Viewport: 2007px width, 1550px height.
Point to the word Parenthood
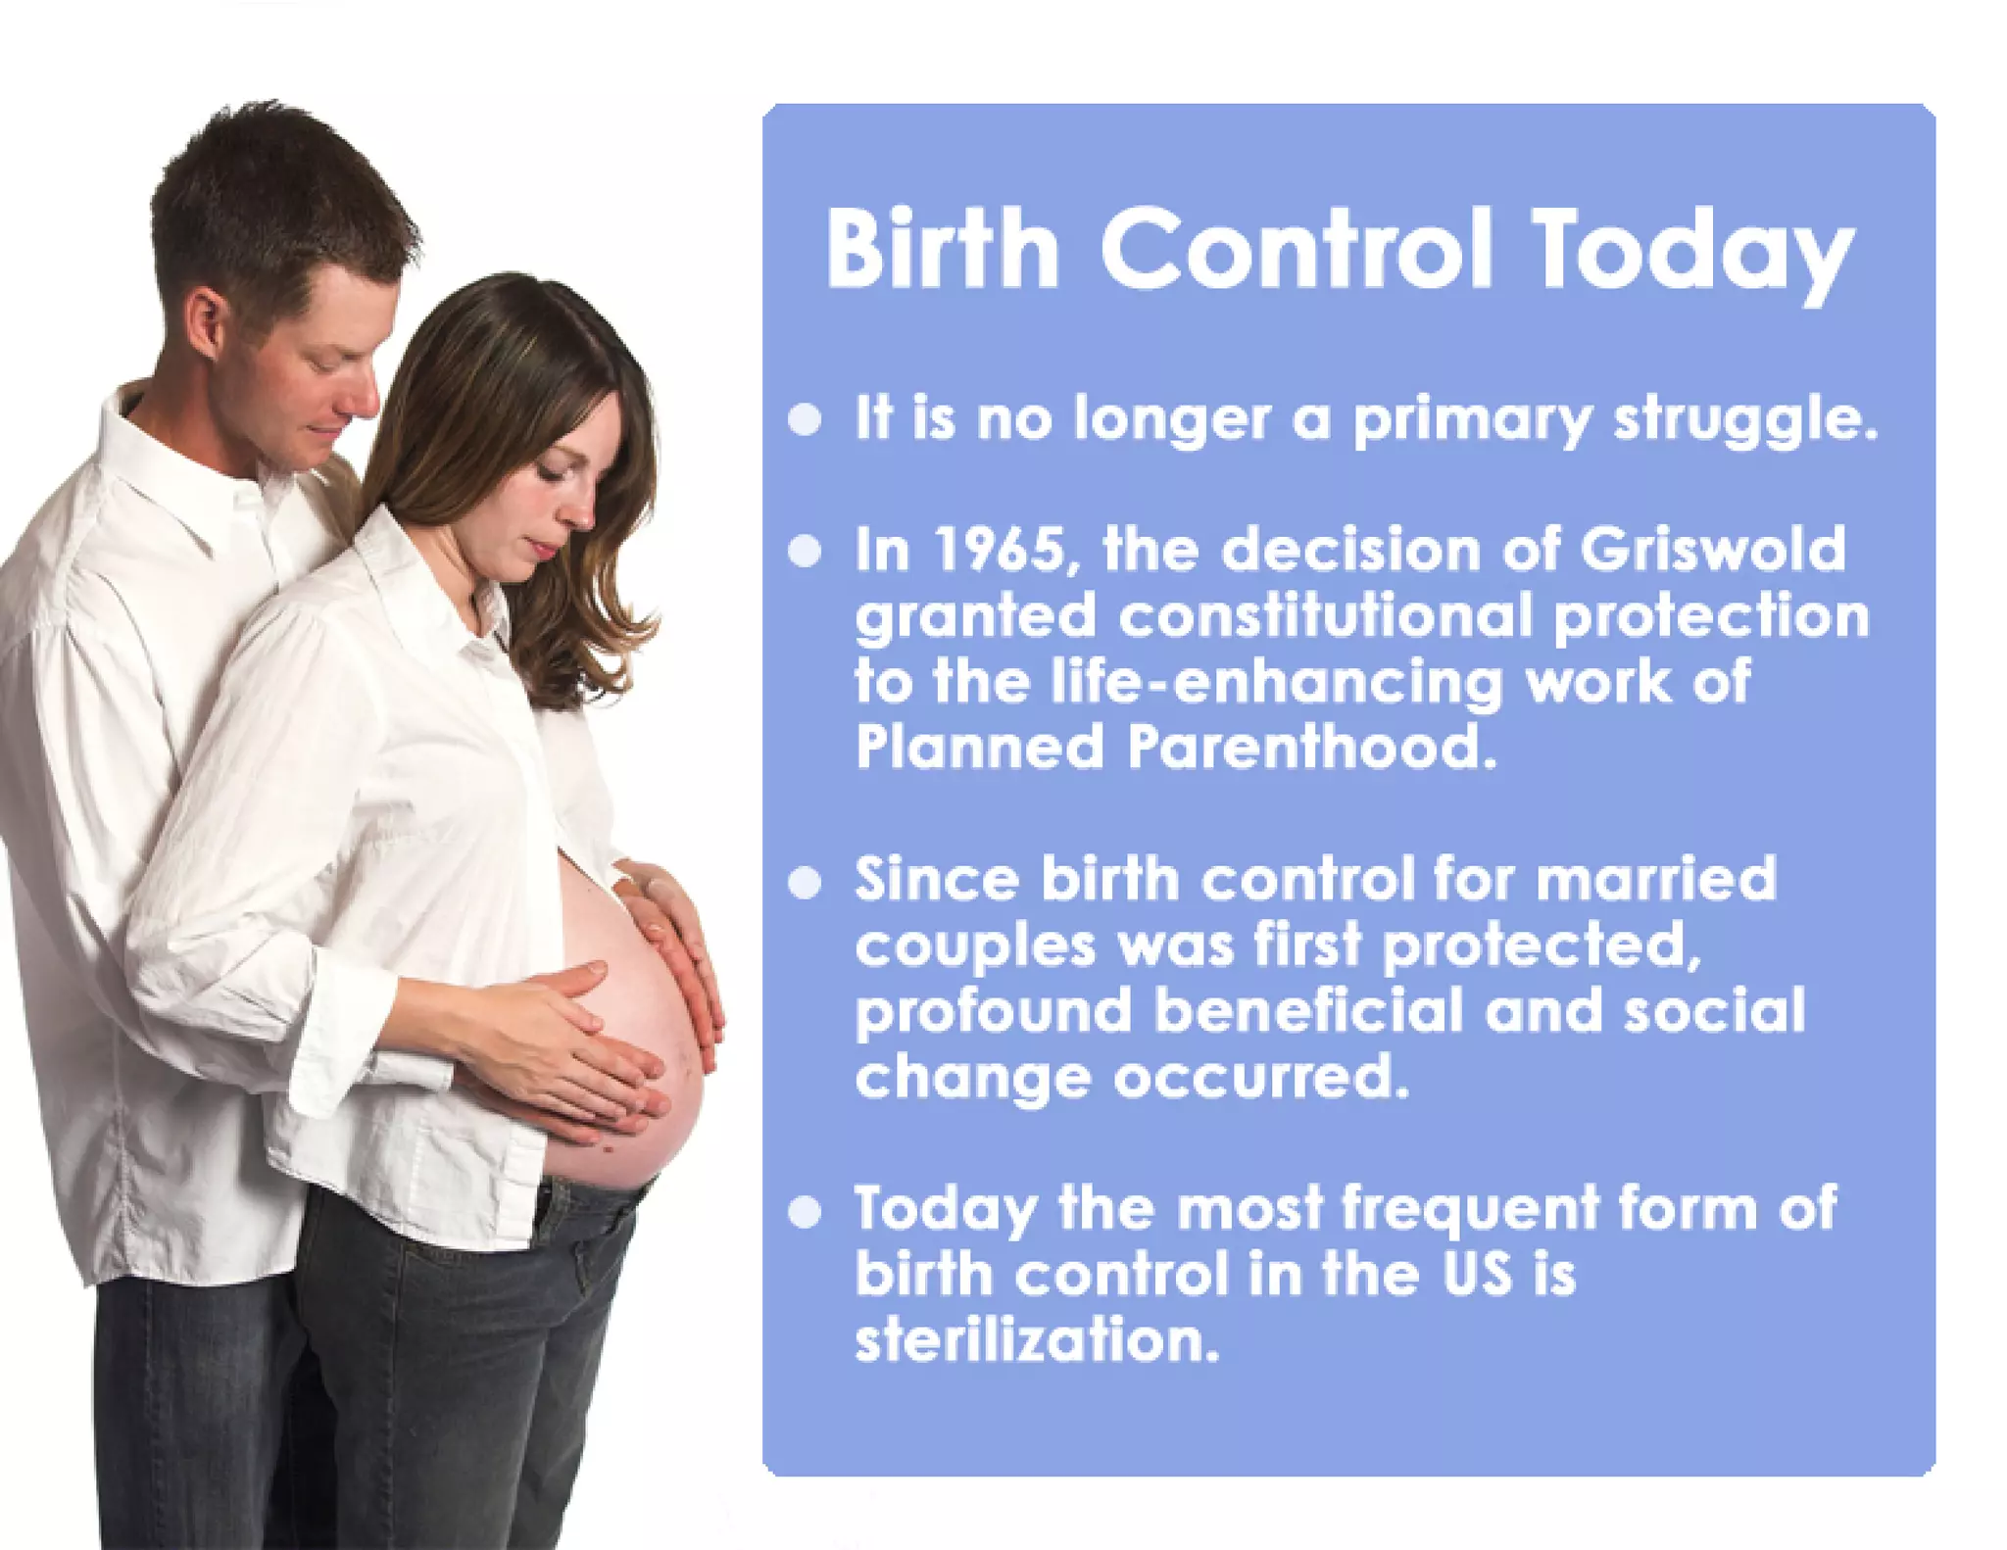[1311, 748]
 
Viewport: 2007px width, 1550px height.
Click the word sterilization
[1037, 1340]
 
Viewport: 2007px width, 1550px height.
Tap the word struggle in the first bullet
[1745, 419]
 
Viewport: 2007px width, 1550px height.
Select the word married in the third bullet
[1655, 878]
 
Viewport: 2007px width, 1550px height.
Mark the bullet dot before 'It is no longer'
[805, 419]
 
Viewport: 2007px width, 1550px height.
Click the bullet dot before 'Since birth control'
[805, 882]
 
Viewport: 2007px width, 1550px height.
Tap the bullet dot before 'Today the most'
[805, 1212]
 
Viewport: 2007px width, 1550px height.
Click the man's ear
[206, 323]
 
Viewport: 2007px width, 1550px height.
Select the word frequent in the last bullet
[1470, 1207]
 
